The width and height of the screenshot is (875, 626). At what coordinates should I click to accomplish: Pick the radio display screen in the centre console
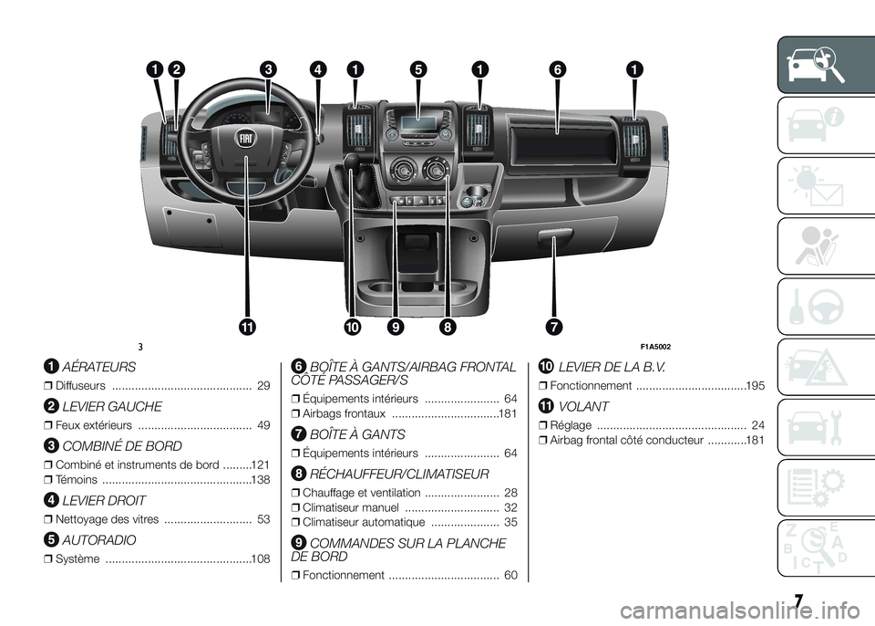[417, 123]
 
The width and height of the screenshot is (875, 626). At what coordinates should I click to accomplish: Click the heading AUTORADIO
[98, 540]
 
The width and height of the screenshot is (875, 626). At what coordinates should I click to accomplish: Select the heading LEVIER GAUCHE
[111, 407]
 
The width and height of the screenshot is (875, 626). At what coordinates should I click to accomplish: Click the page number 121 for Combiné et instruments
[261, 465]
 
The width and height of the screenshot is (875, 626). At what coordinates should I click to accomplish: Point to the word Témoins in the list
[77, 480]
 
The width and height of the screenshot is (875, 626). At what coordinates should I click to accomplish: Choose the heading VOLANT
[583, 407]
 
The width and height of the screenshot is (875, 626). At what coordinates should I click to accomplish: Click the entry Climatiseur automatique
[364, 523]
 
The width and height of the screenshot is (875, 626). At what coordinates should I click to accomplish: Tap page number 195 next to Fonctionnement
[755, 386]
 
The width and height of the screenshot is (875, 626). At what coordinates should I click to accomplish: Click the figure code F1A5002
[655, 347]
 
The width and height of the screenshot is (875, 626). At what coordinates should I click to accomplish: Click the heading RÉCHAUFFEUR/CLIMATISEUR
[398, 475]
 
